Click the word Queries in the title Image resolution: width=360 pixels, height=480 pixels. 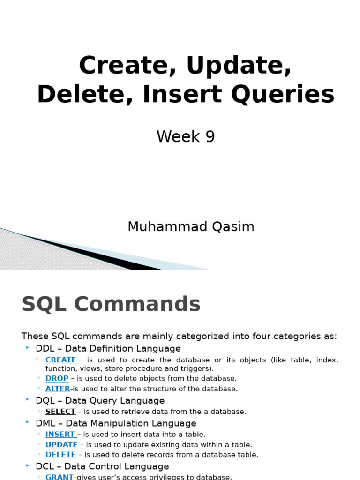[295, 94]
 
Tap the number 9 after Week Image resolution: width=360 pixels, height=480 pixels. [210, 137]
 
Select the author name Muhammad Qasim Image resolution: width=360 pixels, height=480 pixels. [191, 227]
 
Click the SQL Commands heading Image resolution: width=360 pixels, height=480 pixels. [111, 305]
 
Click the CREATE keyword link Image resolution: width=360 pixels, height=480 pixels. [61, 360]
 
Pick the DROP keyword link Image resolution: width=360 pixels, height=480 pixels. [57, 378]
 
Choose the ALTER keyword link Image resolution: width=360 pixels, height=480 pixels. [58, 389]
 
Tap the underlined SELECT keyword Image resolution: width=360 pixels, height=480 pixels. [60, 412]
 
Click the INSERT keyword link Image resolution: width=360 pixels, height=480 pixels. [60, 435]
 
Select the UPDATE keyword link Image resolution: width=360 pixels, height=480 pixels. [61, 445]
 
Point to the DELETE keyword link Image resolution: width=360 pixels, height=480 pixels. [60, 455]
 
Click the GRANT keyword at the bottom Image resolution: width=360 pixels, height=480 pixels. [60, 477]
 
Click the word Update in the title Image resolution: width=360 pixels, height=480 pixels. [239, 66]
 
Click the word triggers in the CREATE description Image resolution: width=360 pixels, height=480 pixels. [197, 369]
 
